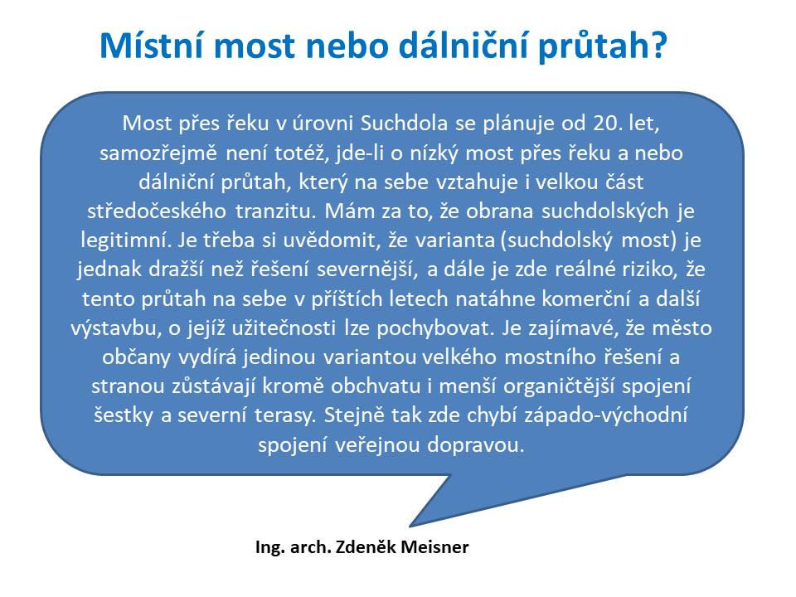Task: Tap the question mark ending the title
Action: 658,45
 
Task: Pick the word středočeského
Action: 157,211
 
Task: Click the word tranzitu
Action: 275,211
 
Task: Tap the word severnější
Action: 367,269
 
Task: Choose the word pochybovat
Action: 435,328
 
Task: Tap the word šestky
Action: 124,416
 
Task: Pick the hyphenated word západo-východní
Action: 605,416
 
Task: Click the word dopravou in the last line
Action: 475,445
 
